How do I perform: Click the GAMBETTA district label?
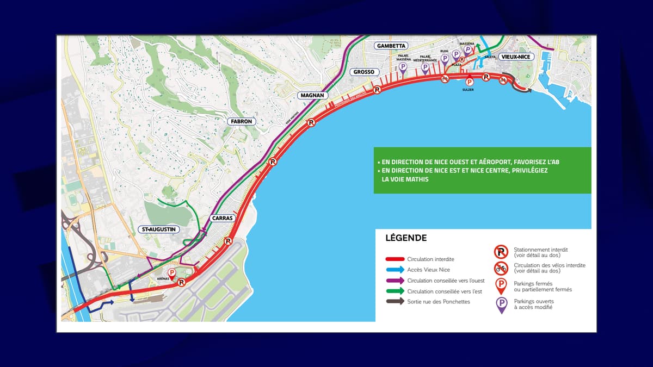[x=391, y=46]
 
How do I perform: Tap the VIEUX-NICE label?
[x=515, y=57]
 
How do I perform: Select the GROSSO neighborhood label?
[x=363, y=72]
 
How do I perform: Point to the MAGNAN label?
[x=312, y=95]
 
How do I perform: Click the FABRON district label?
[x=241, y=121]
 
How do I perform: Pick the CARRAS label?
[x=222, y=218]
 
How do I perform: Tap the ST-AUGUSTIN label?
[x=159, y=229]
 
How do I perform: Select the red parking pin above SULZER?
[x=469, y=82]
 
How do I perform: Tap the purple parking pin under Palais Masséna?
[x=403, y=67]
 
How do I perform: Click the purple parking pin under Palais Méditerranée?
[x=425, y=67]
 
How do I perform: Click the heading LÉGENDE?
[x=405, y=238]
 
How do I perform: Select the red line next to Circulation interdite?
[x=395, y=259]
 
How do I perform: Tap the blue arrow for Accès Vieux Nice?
[x=395, y=270]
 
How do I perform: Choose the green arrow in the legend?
[x=395, y=291]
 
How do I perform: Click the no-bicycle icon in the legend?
[x=501, y=268]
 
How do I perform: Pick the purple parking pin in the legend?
[x=501, y=304]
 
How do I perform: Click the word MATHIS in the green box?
[x=417, y=179]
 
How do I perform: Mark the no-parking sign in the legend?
[x=501, y=252]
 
